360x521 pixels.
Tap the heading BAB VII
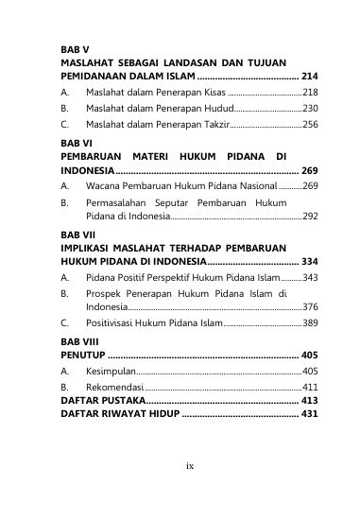(x=77, y=233)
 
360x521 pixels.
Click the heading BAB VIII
(x=78, y=339)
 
